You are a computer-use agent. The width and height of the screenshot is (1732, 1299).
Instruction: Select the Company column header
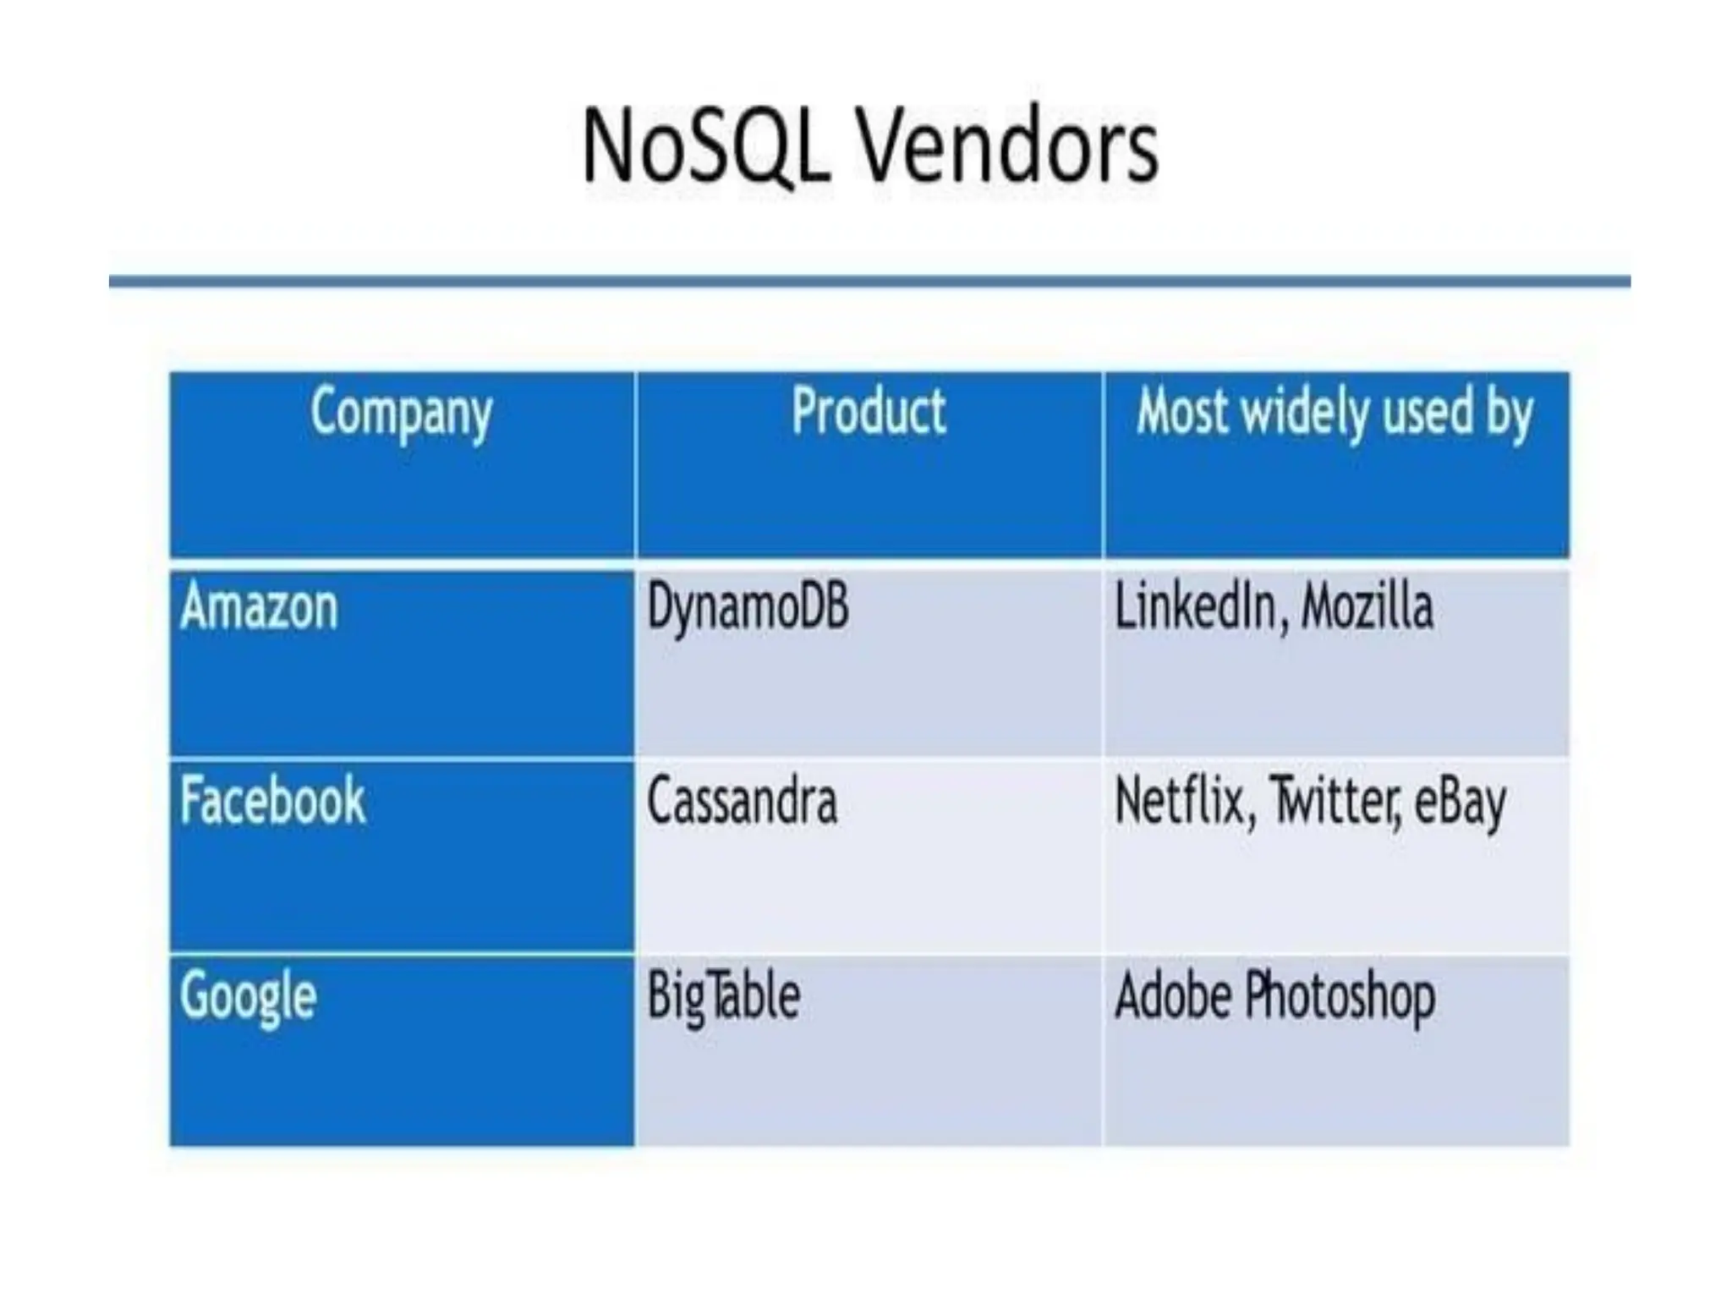click(401, 414)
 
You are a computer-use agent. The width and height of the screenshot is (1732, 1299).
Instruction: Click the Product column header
click(869, 412)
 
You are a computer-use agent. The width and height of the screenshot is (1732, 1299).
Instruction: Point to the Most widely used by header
click(1335, 414)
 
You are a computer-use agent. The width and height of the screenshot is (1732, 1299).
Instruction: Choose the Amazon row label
click(259, 607)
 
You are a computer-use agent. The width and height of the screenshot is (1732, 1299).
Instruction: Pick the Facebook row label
click(272, 800)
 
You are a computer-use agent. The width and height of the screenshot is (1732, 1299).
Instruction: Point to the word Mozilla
click(1367, 607)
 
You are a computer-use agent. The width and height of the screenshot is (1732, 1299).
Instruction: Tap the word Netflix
click(1179, 801)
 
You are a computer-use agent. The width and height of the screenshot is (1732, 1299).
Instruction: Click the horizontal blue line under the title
click(869, 282)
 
